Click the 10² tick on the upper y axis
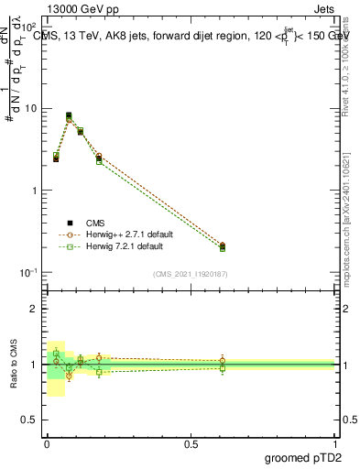[x=30, y=27]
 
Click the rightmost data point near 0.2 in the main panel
[x=223, y=245]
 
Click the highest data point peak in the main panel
[x=69, y=116]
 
